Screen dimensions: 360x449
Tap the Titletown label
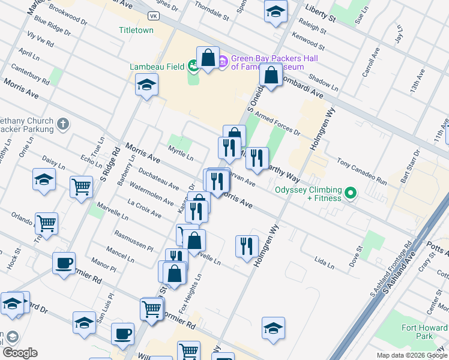click(x=136, y=30)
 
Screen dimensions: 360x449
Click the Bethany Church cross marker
click(x=63, y=124)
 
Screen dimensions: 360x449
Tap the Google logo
click(x=19, y=353)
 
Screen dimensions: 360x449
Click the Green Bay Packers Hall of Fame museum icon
click(x=223, y=61)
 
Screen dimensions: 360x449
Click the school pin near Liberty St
click(x=276, y=12)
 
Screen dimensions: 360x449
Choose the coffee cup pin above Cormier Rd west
click(x=64, y=263)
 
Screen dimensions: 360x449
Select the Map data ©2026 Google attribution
click(x=411, y=355)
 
